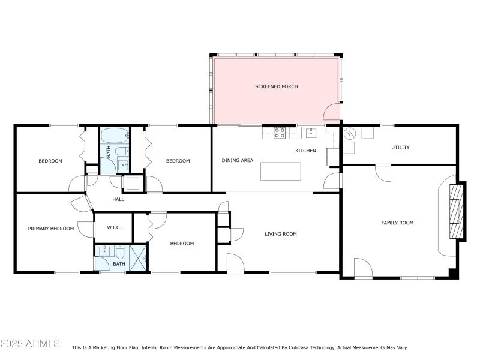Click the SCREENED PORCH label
pos(276,86)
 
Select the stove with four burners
pos(280,133)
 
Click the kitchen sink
pos(311,132)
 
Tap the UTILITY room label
pos(400,147)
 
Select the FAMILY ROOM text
pos(397,223)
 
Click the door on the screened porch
pos(332,112)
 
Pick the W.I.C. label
pos(114,227)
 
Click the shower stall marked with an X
pos(139,258)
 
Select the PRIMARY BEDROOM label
pos(51,228)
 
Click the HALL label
pos(118,199)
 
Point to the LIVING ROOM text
pos(281,234)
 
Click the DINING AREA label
pos(238,160)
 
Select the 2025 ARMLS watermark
pos(30,344)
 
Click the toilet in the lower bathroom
pos(120,252)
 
